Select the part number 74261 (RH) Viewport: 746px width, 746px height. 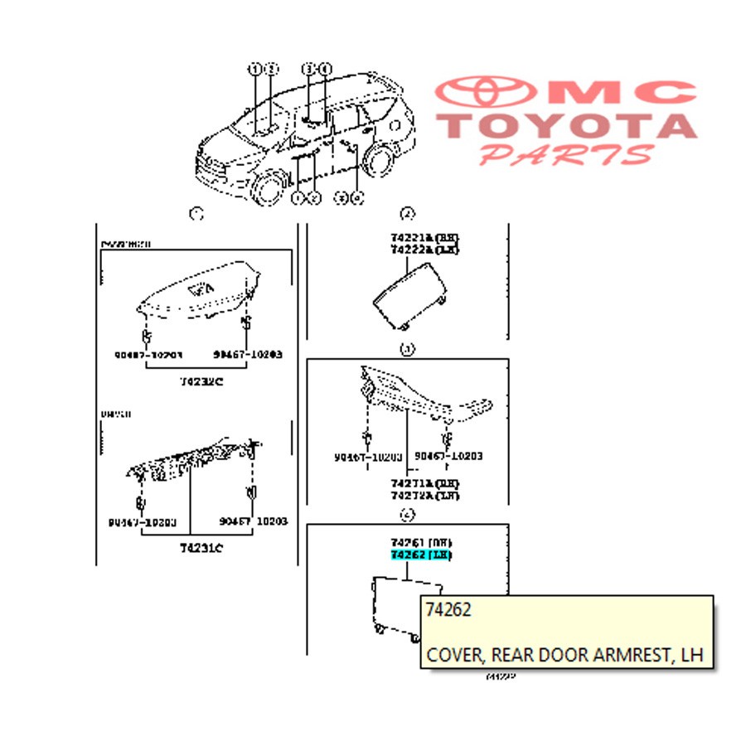pyautogui.click(x=422, y=542)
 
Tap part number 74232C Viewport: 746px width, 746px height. pyautogui.click(x=202, y=381)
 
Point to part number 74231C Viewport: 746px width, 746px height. pyautogui.click(x=202, y=548)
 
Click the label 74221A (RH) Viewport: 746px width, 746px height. pyautogui.click(x=424, y=237)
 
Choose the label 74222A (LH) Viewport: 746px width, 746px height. pyautogui.click(x=424, y=249)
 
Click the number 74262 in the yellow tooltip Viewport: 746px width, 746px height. pyautogui.click(x=448, y=611)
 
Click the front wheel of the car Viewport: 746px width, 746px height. pyautogui.click(x=269, y=187)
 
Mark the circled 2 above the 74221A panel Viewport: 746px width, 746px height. pyautogui.click(x=407, y=215)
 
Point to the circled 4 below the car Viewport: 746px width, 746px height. pyautogui.click(x=357, y=197)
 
